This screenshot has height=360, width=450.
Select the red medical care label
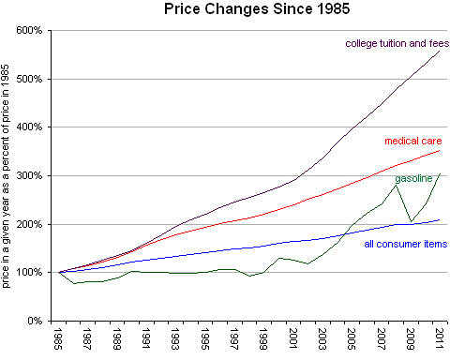[412, 142]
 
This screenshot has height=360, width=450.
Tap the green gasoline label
[412, 177]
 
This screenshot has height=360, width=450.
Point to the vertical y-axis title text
[8, 176]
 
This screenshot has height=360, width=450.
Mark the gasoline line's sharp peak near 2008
[396, 185]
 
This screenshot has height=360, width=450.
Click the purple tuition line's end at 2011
[439, 51]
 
